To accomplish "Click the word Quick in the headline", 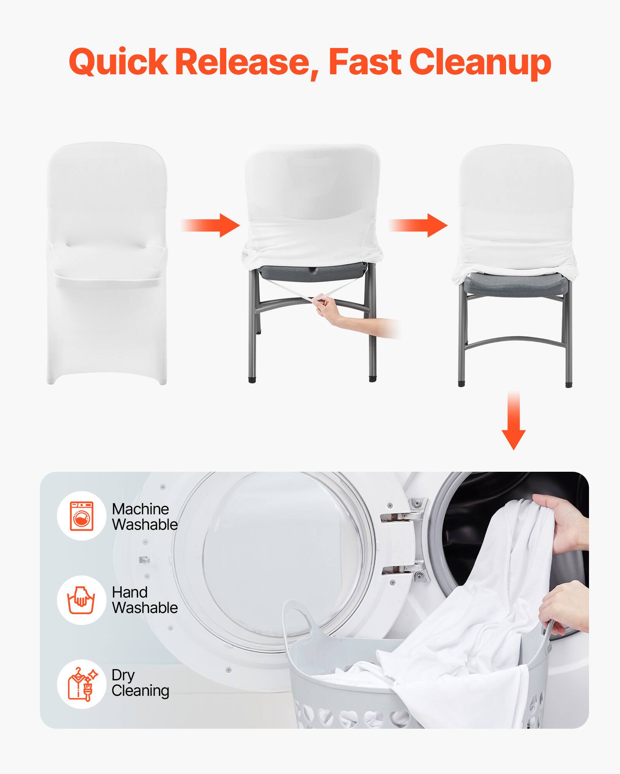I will (119, 62).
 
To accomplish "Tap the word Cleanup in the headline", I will (480, 62).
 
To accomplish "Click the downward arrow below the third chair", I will (513, 422).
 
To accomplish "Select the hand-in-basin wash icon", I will (81, 600).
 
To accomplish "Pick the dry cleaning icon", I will (81, 684).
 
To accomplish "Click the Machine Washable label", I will (145, 517).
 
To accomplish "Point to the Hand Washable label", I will (145, 600).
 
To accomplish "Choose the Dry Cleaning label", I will (140, 684).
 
